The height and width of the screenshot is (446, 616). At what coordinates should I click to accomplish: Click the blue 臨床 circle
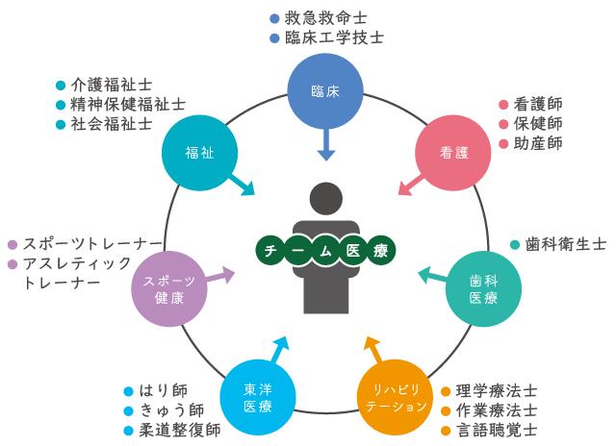point(325,91)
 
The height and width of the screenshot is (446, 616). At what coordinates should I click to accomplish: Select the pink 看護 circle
point(452,152)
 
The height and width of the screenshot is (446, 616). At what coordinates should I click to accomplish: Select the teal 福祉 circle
point(199,152)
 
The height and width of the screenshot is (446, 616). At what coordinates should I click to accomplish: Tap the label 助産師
point(538,143)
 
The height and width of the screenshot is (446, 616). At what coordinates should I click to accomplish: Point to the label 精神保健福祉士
point(128,104)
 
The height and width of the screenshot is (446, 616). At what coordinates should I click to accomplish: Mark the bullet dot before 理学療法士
point(445,392)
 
